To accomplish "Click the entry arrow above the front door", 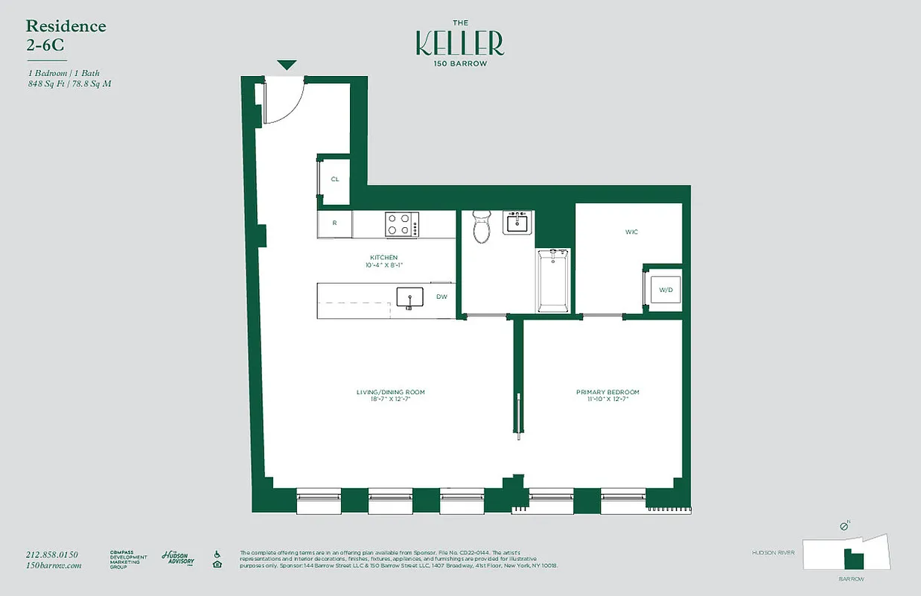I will (287, 66).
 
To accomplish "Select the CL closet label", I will (335, 180).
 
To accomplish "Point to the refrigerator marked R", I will (335, 223).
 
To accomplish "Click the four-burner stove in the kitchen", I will (401, 224).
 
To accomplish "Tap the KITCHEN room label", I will (384, 257).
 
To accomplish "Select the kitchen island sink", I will (409, 298).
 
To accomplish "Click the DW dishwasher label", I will (442, 297).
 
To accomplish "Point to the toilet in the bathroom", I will (482, 226).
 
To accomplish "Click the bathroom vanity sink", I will (517, 223).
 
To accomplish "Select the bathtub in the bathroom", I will (552, 280).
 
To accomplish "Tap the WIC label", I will (631, 232).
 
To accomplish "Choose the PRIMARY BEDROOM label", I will (608, 392).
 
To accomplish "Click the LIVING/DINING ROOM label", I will (390, 392).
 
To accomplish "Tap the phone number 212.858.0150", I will (51, 554).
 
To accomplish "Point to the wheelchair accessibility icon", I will (217, 554).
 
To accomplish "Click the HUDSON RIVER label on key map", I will (774, 553).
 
